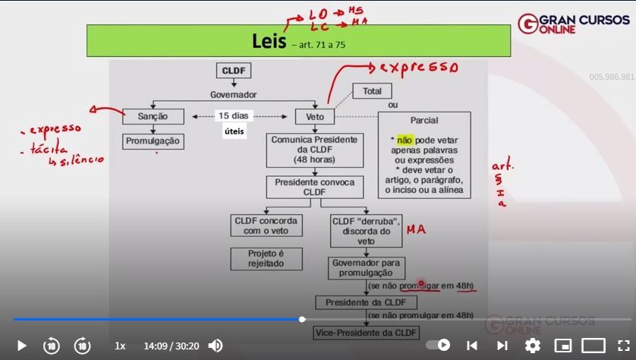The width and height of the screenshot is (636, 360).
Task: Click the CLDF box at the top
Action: click(233, 71)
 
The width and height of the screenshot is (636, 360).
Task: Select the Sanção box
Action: click(153, 116)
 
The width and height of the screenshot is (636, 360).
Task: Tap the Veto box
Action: click(314, 117)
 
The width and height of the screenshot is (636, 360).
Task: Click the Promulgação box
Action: click(153, 141)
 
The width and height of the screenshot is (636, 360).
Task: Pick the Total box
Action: click(372, 91)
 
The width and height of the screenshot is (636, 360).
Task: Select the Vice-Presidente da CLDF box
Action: click(367, 333)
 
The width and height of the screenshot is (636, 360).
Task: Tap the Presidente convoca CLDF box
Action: click(314, 187)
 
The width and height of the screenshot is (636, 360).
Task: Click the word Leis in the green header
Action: click(268, 40)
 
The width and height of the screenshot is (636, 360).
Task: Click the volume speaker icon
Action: click(216, 346)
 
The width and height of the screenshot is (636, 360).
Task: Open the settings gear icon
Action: click(532, 346)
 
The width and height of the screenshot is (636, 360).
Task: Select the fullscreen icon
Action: click(623, 346)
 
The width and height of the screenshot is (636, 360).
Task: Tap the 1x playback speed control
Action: click(120, 346)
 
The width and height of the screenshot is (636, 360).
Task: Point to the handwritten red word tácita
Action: click(49, 149)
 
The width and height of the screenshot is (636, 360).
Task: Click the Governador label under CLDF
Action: click(233, 95)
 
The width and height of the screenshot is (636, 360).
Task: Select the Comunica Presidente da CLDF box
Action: click(314, 150)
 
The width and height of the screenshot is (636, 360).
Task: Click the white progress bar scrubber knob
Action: click(302, 319)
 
